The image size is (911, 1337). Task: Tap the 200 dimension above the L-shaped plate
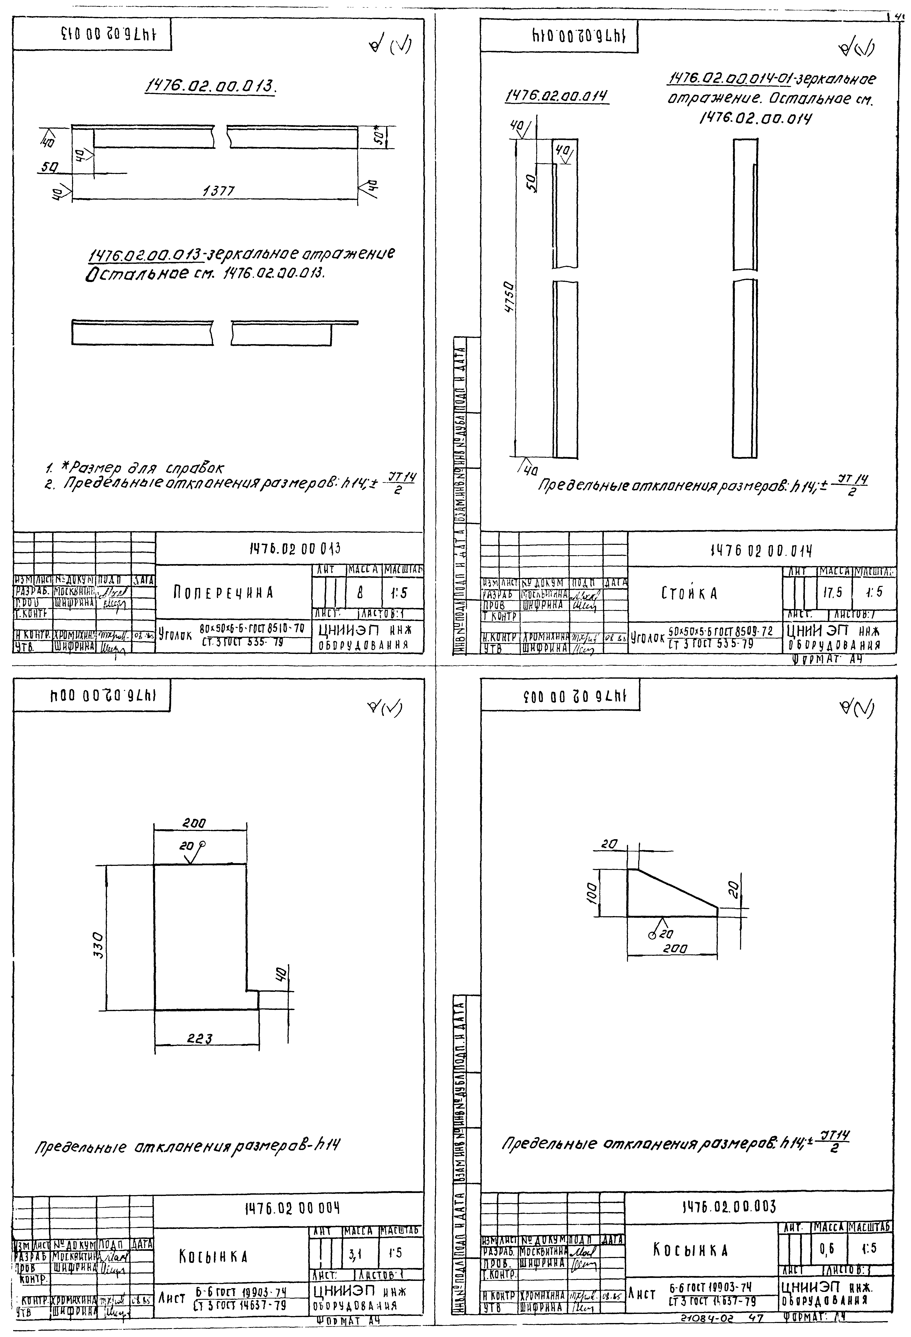pyautogui.click(x=194, y=823)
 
